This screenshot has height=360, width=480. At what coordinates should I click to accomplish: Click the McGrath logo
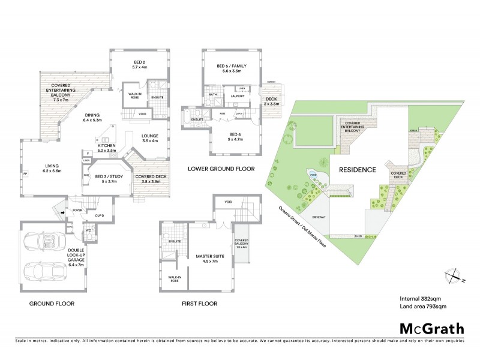coord(432,328)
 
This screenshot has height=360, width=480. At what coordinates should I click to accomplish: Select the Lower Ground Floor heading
coord(221,169)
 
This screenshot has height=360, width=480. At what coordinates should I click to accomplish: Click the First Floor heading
coord(199,304)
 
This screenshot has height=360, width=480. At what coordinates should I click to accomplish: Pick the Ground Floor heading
coord(52,304)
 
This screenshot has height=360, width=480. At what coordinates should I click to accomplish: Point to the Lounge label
coord(149,138)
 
